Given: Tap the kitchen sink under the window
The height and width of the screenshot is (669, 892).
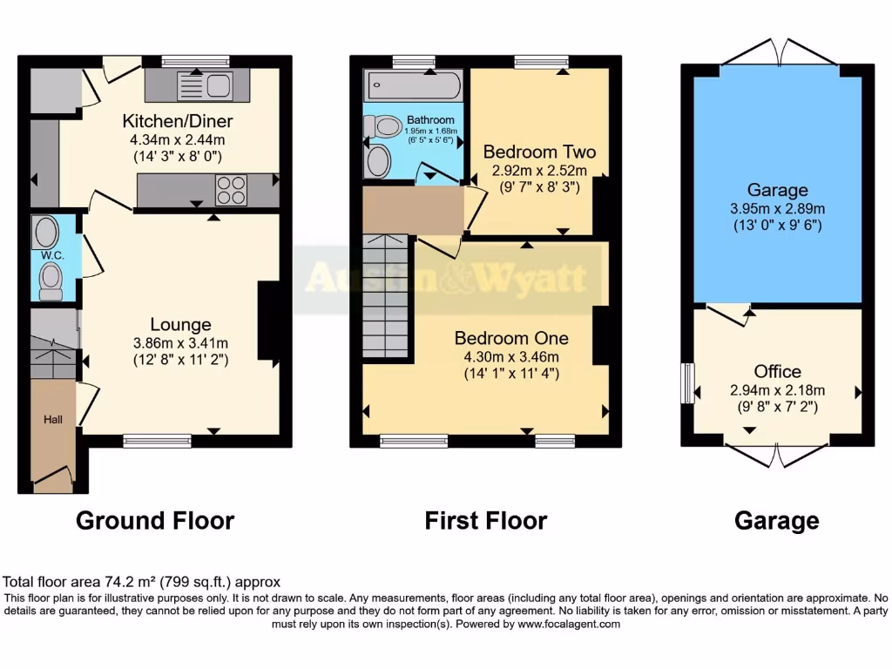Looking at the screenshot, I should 206,85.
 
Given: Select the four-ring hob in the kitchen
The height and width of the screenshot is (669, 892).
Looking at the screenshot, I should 231,190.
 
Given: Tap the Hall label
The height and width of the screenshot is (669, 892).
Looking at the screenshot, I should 54,420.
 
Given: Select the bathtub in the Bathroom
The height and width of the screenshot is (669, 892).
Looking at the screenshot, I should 414,85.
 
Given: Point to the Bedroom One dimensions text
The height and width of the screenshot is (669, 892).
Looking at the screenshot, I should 512,356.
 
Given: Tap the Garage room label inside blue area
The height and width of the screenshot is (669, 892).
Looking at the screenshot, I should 777,190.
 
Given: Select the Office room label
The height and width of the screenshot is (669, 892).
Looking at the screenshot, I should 778,372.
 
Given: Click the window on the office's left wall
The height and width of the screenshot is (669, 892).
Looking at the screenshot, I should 687,383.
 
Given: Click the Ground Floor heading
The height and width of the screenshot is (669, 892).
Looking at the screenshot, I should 155,521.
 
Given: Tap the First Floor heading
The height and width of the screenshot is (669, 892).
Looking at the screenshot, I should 485,521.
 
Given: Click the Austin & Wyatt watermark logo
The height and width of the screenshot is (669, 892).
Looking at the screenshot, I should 446,279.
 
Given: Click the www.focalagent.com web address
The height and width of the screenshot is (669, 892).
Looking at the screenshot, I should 569,624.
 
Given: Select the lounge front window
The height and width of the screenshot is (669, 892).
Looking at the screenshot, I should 157,442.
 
